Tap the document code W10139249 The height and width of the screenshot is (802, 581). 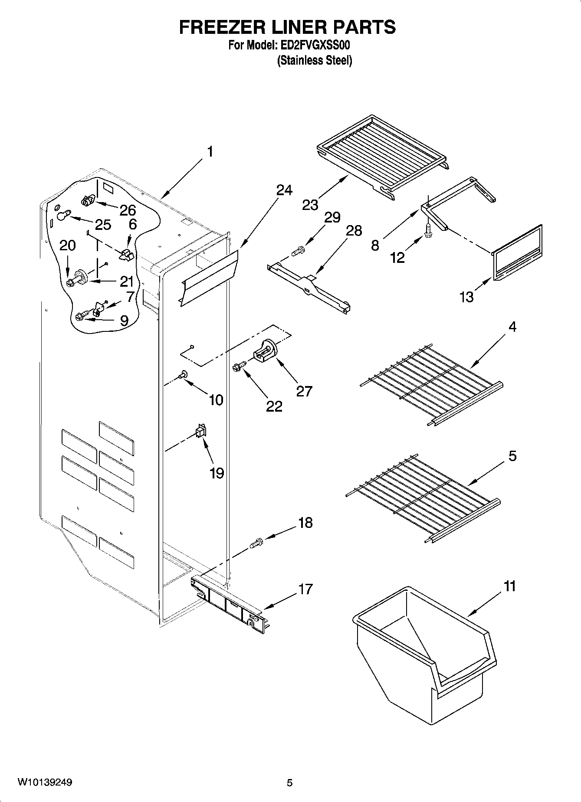[x=45, y=782]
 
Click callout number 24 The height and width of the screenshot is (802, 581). [x=284, y=190]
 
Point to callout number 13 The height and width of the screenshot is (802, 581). [x=467, y=297]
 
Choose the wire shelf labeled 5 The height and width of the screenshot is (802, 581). [x=423, y=494]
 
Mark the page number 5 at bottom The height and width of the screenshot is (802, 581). [x=290, y=783]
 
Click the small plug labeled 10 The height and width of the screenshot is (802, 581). [x=184, y=373]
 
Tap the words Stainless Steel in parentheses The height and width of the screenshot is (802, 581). [x=315, y=60]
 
